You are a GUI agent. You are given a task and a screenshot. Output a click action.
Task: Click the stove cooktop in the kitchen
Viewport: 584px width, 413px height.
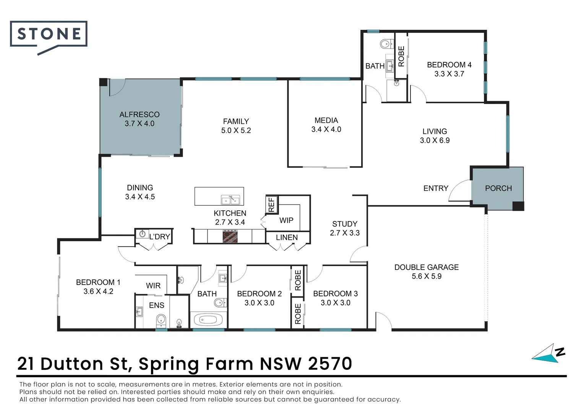230,236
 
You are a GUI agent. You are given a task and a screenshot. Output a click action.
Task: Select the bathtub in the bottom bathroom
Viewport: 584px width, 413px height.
208,320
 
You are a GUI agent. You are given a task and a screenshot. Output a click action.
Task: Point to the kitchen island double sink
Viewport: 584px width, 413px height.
230,200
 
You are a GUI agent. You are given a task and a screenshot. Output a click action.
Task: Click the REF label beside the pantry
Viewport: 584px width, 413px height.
271,205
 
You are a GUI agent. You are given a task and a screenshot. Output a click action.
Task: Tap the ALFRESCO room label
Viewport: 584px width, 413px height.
140,115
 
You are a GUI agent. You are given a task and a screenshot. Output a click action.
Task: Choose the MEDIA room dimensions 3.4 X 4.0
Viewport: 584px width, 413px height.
326,129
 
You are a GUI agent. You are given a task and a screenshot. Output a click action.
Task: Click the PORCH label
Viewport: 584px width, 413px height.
498,188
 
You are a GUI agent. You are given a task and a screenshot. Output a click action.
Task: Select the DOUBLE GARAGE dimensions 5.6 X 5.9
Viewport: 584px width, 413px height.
427,276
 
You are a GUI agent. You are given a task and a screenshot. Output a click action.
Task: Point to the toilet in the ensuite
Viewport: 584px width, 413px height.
161,320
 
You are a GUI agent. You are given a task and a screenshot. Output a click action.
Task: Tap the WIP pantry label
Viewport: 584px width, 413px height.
286,221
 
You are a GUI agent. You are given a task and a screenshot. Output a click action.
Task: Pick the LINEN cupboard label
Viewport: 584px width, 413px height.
287,237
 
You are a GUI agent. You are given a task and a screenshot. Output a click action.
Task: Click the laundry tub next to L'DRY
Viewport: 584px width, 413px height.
142,234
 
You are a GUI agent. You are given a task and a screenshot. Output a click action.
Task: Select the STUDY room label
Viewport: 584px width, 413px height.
345,224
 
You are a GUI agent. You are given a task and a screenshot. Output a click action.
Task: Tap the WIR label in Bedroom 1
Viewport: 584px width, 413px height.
153,286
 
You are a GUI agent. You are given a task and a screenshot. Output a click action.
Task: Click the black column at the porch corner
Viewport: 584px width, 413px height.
518,206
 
